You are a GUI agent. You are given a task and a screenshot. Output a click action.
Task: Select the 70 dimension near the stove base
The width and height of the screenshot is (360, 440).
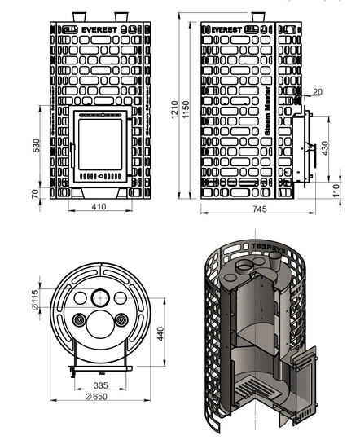click(x=36, y=194)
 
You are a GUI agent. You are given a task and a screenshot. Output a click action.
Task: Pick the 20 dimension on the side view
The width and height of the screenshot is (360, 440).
click(x=317, y=91)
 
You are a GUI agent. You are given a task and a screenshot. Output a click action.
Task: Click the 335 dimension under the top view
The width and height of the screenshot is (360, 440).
click(x=100, y=384)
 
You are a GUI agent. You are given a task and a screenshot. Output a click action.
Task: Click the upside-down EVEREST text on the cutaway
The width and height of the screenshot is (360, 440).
click(x=270, y=244)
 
